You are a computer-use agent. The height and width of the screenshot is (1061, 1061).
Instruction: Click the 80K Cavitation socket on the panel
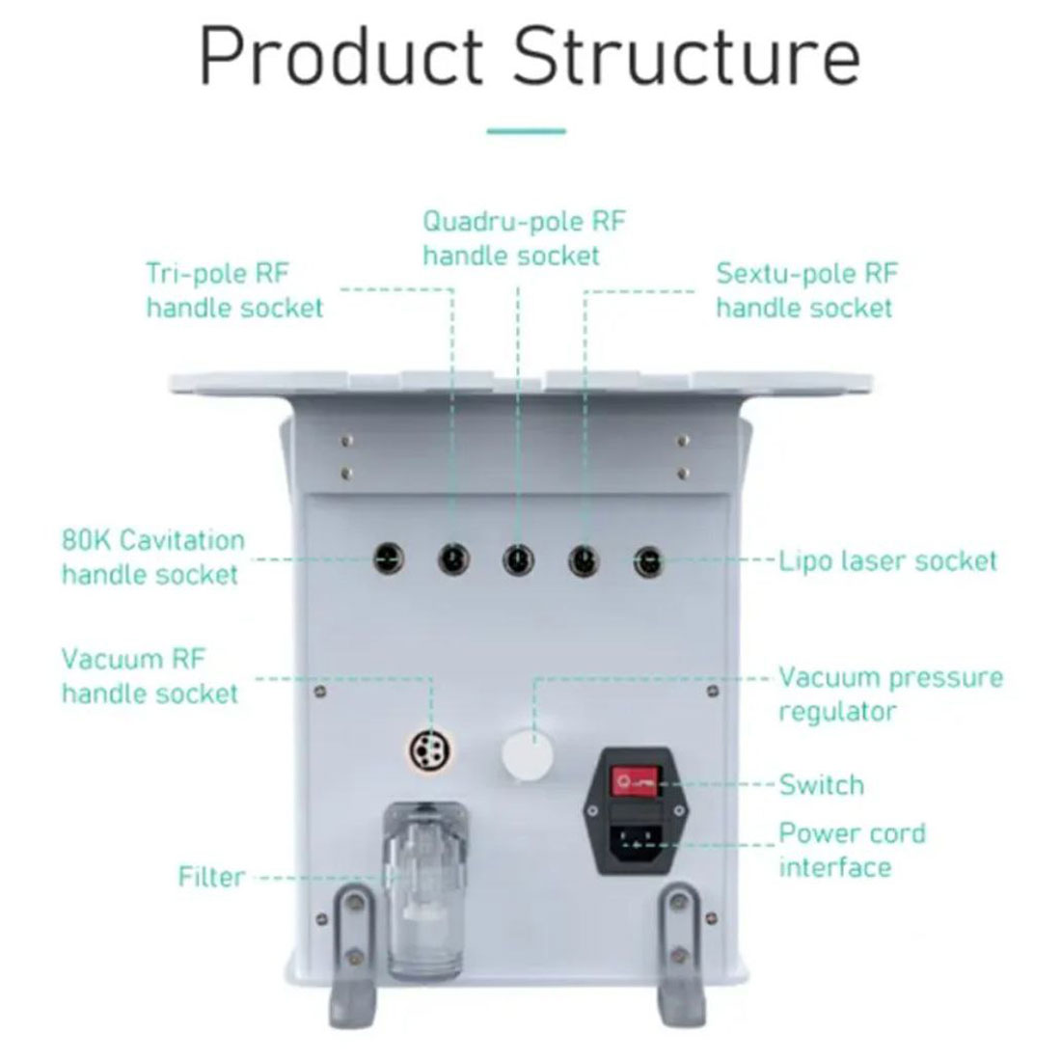point(390,557)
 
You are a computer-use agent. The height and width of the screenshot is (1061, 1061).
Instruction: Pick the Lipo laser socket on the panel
point(647,558)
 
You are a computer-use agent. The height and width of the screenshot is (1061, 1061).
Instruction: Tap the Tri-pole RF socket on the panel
point(452,558)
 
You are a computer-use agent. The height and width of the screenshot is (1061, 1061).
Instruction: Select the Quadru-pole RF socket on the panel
point(518,558)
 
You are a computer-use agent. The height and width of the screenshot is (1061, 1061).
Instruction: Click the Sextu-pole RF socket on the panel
point(583,558)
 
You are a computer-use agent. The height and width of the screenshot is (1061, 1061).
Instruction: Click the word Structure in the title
point(686,57)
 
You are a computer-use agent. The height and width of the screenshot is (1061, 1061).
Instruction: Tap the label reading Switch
point(821,784)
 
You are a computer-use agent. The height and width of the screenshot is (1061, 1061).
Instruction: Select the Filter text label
point(212,878)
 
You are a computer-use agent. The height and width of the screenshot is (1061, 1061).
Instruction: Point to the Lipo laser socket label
point(887,560)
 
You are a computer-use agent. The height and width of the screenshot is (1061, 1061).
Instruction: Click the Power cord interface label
point(851,850)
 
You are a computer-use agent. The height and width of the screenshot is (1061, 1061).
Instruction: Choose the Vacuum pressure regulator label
point(890,694)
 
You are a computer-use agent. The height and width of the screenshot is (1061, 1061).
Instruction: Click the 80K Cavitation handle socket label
point(152,558)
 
